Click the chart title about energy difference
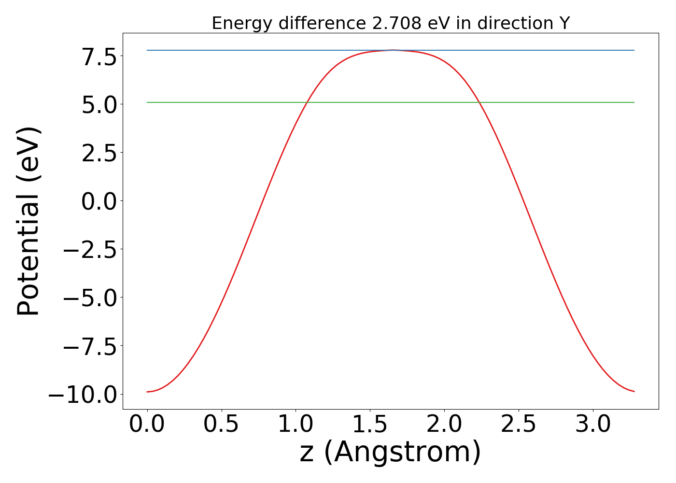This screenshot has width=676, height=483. click(391, 23)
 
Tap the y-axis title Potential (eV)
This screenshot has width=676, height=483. click(28, 221)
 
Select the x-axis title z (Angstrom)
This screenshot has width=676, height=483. click(390, 452)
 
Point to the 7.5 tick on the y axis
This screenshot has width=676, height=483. click(99, 57)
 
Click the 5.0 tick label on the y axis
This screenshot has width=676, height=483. click(99, 105)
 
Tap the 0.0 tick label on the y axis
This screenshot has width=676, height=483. click(99, 201)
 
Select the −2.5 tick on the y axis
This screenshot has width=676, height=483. click(90, 250)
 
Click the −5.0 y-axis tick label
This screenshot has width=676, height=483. click(90, 298)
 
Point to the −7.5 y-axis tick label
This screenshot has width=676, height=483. click(90, 346)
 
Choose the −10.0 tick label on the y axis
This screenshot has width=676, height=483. click(83, 395)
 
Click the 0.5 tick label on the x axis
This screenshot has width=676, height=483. click(221, 425)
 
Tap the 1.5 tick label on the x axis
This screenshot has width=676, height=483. click(370, 425)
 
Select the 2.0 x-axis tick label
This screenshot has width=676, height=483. click(444, 425)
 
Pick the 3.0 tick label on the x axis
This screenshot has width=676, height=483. click(593, 425)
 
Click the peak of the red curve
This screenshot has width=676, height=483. click(393, 50)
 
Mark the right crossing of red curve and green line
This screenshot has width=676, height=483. click(479, 102)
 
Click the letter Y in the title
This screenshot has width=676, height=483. click(564, 23)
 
